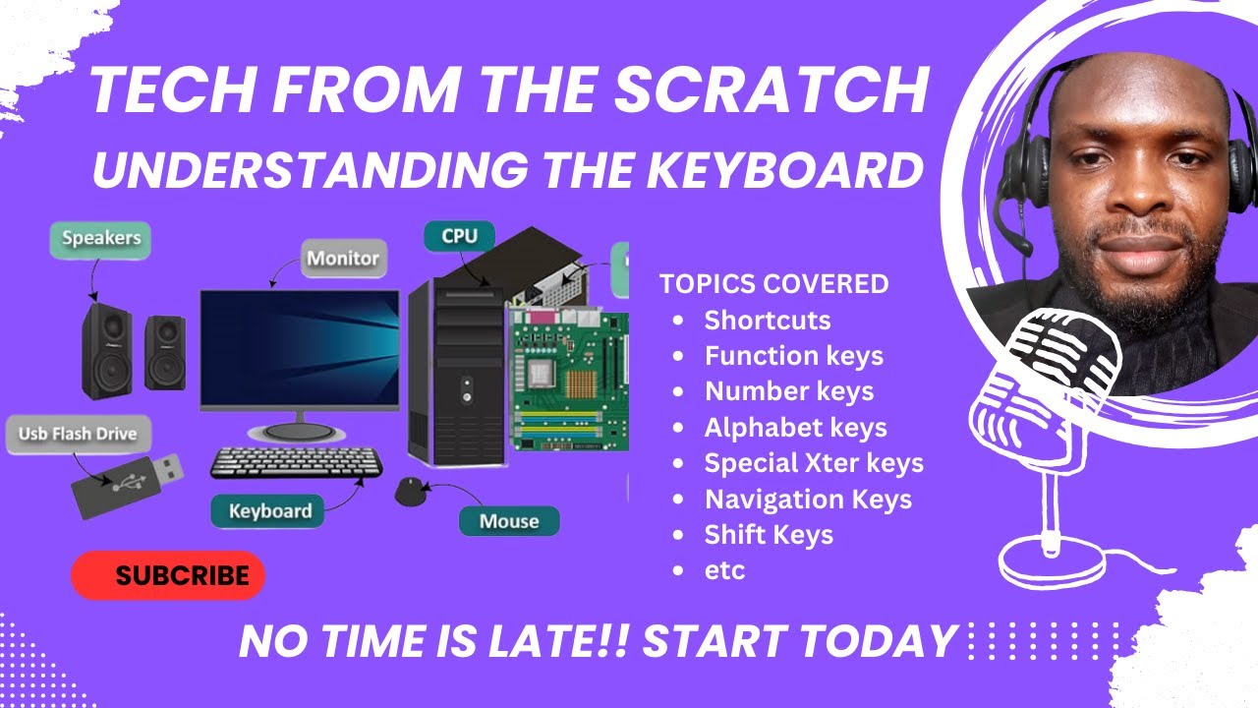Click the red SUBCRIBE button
pos(168,575)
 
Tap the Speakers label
pos(101,239)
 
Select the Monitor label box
pos(343,259)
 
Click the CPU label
pos(459,236)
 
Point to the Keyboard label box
pos(269,511)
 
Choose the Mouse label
pos(508,521)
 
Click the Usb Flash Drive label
pos(78,434)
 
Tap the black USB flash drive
pos(126,485)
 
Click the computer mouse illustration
pos(411,491)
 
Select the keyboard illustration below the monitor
pos(297,462)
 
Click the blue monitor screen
pos(300,349)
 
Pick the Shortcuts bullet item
pos(767,321)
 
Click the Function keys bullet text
pos(793,356)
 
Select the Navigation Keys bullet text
pos(808,500)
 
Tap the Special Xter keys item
pos(814,463)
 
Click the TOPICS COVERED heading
pos(773,284)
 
